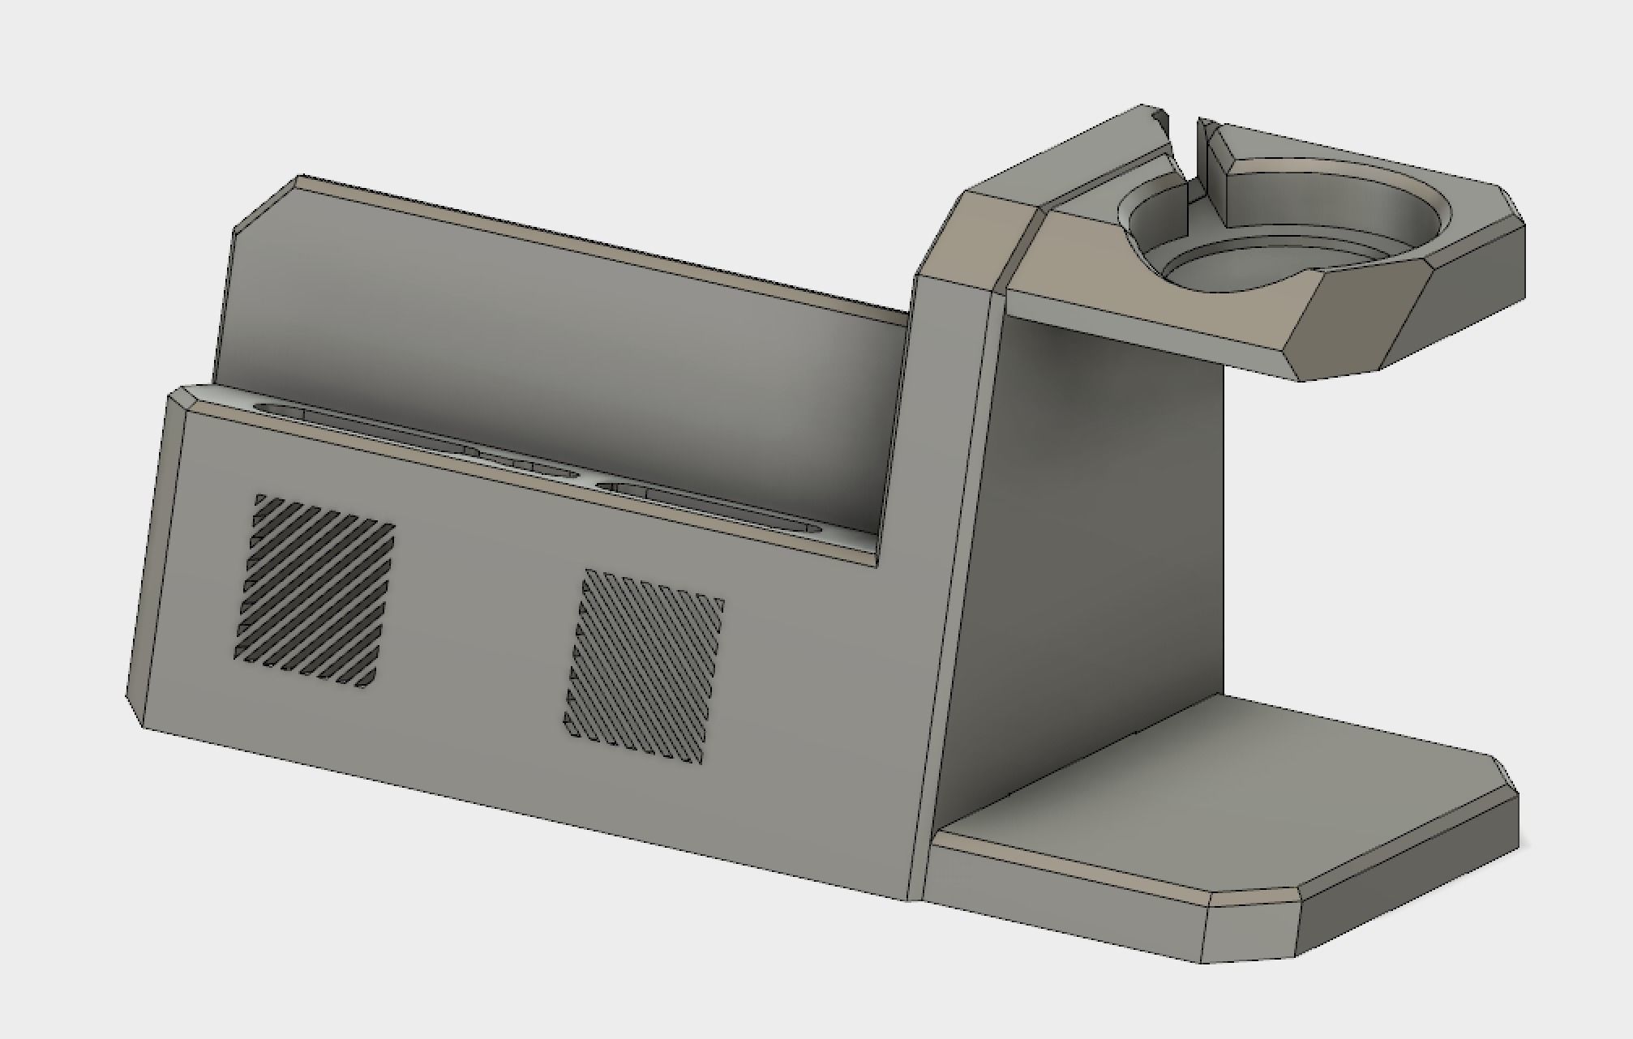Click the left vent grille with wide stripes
pos(315,590)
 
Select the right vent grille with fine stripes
pos(644,666)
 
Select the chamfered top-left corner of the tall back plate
pos(264,203)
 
